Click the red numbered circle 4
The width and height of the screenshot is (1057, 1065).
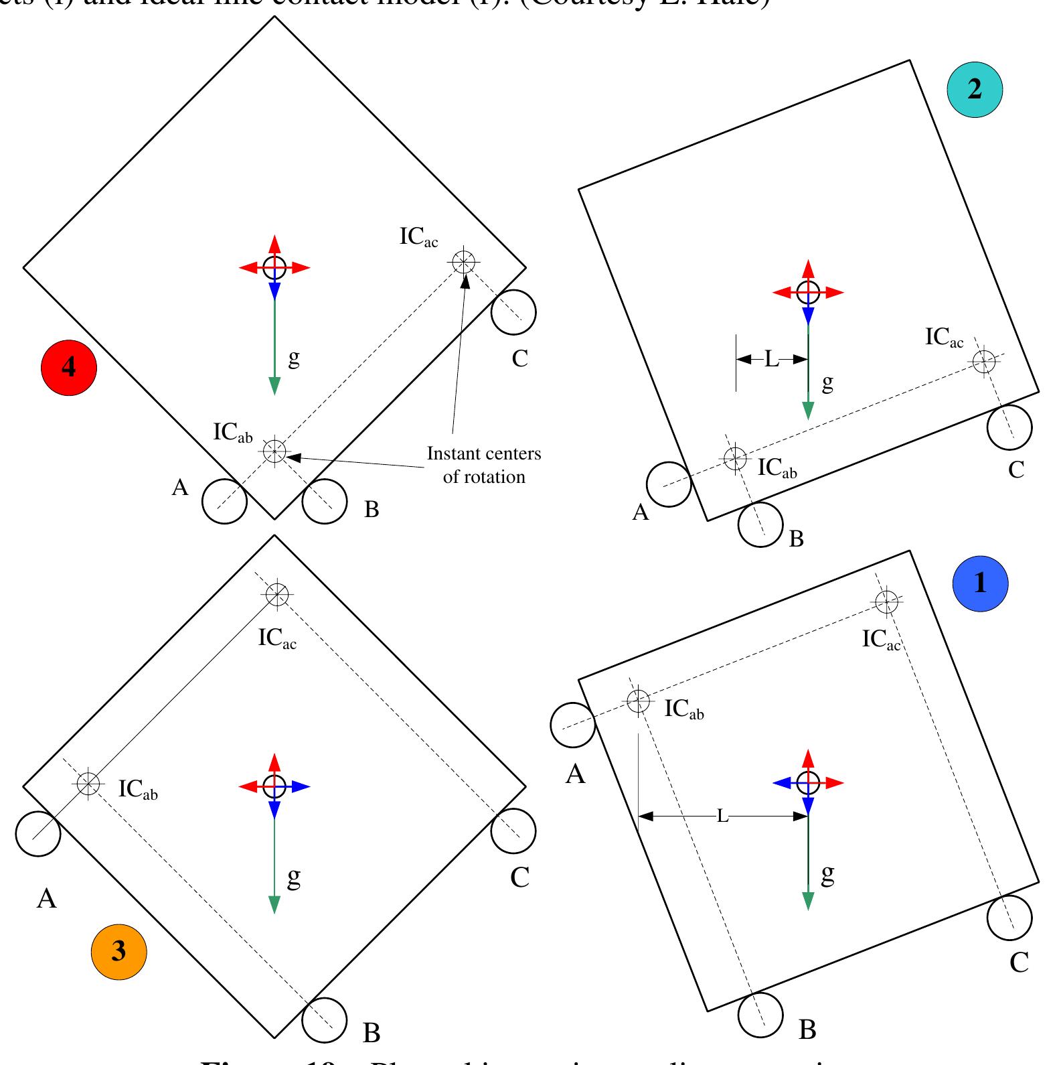tap(69, 367)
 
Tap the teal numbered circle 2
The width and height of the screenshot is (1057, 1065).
tap(975, 89)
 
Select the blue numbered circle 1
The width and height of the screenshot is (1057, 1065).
tap(980, 583)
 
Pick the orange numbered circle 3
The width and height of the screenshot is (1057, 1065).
tap(118, 952)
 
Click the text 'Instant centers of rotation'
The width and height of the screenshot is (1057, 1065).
tap(484, 465)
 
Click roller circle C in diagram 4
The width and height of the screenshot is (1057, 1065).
tap(513, 311)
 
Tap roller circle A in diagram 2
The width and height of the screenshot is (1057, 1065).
tap(669, 484)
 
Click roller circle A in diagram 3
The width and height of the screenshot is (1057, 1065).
tap(38, 834)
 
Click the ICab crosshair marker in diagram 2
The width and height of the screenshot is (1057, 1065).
tap(735, 459)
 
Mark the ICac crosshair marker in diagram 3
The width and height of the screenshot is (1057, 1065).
tap(276, 593)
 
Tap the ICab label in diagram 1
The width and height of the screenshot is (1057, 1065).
tap(683, 709)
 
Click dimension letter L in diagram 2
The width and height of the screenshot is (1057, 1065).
tap(772, 360)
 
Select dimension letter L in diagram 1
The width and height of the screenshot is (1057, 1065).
tap(722, 816)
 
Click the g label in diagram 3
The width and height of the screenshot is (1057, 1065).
tap(293, 876)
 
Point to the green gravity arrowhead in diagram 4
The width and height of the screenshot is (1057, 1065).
tap(274, 386)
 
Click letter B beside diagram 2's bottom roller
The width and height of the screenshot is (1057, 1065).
tap(796, 539)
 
